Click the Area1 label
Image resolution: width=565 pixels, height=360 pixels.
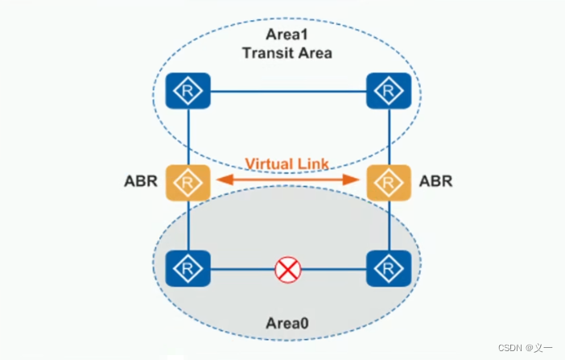click(x=287, y=35)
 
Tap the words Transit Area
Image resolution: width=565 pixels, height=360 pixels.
click(x=287, y=53)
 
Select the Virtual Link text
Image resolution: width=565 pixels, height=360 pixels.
click(x=287, y=163)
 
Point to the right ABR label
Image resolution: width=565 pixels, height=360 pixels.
click(x=435, y=181)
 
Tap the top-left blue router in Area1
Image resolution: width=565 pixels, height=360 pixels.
click(x=188, y=91)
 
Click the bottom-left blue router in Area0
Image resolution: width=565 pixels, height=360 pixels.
click(x=188, y=269)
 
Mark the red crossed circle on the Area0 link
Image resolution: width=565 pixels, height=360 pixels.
click(x=287, y=270)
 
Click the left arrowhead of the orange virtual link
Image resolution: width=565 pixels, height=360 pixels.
click(x=218, y=180)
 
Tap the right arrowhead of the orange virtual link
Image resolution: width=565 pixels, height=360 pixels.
click(x=357, y=180)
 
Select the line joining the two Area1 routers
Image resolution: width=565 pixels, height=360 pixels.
click(x=287, y=91)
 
